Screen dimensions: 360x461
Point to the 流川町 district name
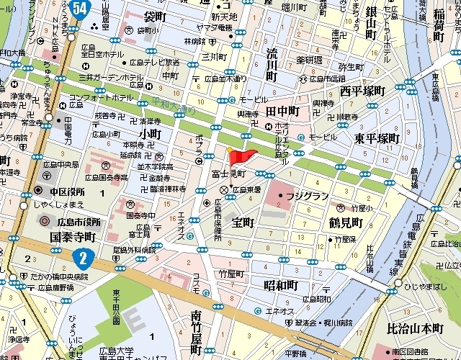click(272, 65)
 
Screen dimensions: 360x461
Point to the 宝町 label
click(243, 222)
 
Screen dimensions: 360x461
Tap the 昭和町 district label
click(280, 285)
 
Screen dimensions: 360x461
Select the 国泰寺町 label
click(73, 235)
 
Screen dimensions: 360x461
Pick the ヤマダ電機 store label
click(215, 27)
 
